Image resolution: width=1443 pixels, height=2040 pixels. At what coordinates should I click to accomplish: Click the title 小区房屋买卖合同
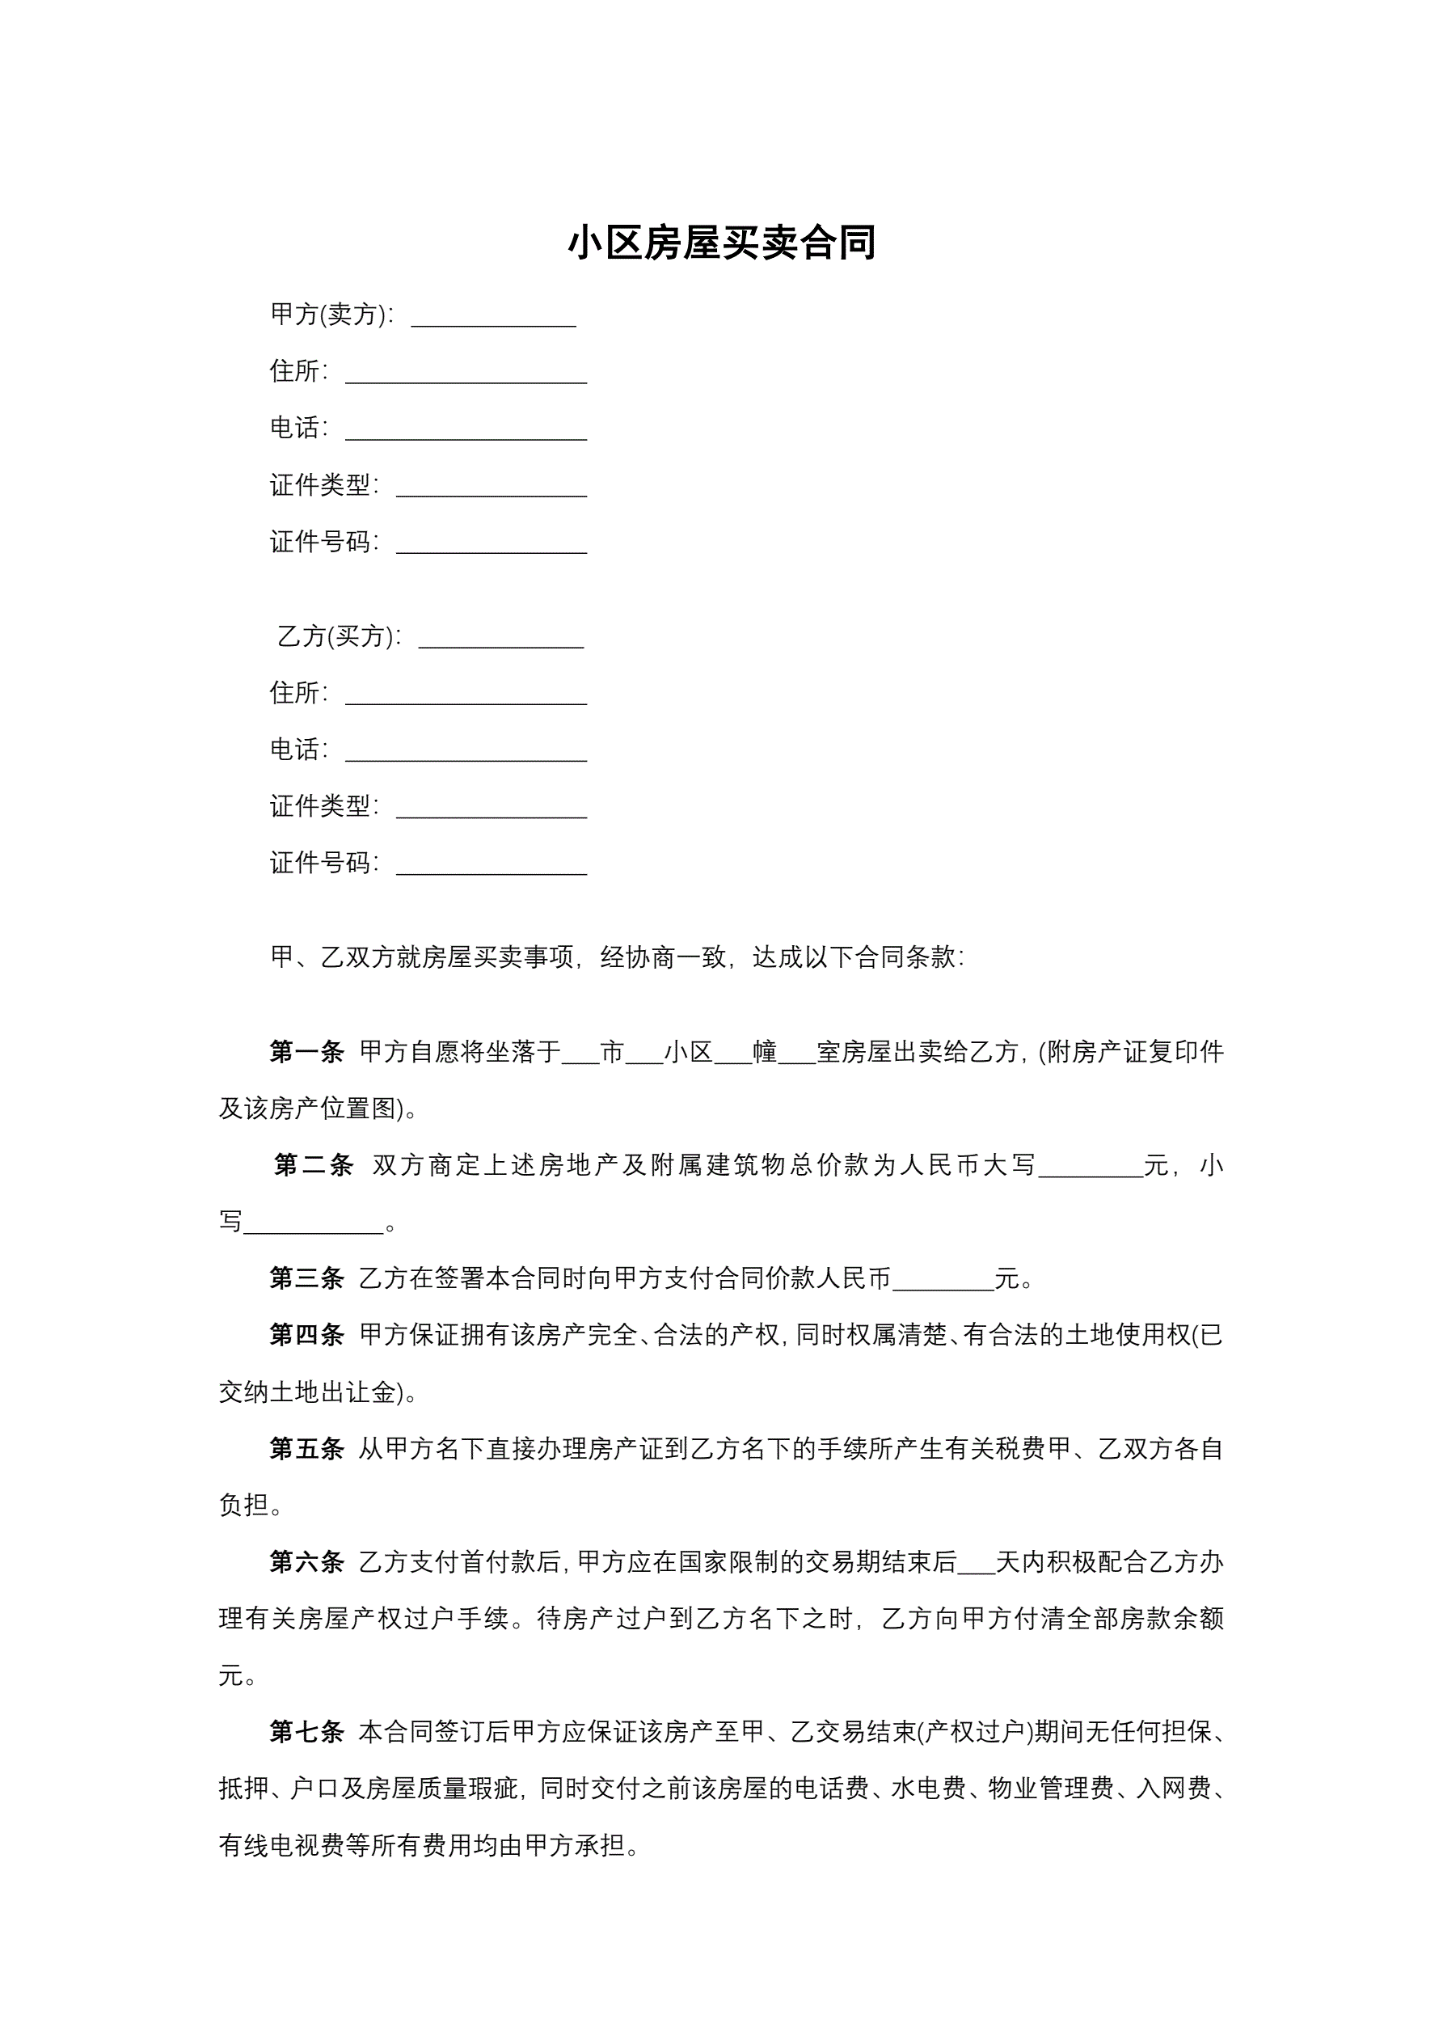721,243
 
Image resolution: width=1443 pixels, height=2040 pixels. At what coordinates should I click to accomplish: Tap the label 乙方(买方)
339,636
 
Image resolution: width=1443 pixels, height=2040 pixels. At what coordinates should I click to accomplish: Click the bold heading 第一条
306,1052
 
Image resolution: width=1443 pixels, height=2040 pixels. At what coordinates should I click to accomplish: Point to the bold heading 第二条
313,1165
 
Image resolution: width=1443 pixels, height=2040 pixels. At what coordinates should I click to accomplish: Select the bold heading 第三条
306,1278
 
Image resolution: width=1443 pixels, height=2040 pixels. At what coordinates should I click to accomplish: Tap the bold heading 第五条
306,1448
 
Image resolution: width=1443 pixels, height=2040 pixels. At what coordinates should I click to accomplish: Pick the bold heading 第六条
306,1561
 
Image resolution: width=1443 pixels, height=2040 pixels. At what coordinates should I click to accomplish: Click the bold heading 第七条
306,1731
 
